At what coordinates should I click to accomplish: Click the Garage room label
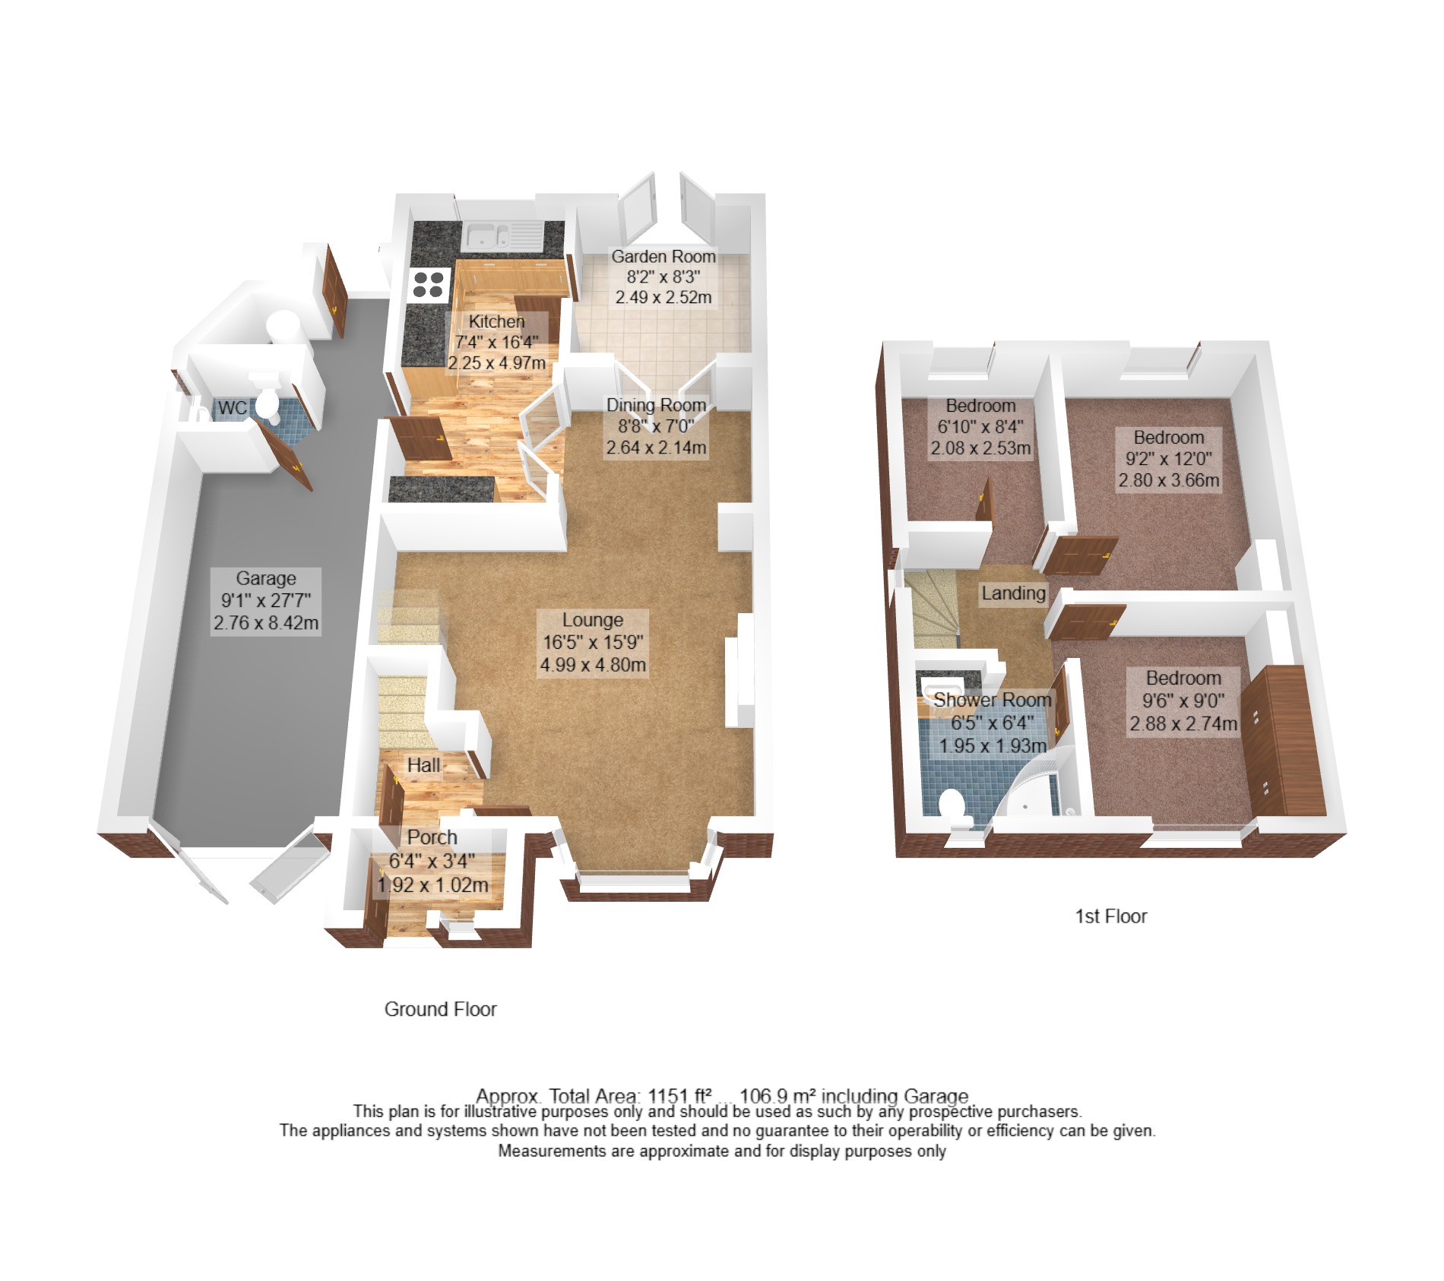pos(266,578)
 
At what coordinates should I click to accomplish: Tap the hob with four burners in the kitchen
pos(428,285)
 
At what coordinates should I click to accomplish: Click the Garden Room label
pos(663,257)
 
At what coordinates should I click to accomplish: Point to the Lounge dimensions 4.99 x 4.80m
pos(593,665)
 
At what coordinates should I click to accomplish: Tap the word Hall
pos(423,765)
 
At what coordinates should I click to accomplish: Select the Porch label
pos(432,837)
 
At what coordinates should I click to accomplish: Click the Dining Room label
pos(657,405)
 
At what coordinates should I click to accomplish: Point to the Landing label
pos(1013,593)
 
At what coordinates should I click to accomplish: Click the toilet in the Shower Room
pos(953,808)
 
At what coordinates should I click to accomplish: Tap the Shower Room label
pos(992,700)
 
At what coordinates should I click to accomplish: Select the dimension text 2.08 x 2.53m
pos(980,448)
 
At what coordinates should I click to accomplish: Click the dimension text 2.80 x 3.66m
pos(1169,480)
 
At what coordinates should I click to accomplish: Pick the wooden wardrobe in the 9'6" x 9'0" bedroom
pos(1284,741)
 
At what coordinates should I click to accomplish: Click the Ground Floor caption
pos(440,1009)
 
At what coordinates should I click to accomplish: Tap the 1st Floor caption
pos(1110,916)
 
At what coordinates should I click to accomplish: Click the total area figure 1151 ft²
pos(679,1096)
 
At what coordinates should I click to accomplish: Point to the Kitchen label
pos(496,321)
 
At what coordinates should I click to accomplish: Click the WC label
pos(232,408)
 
